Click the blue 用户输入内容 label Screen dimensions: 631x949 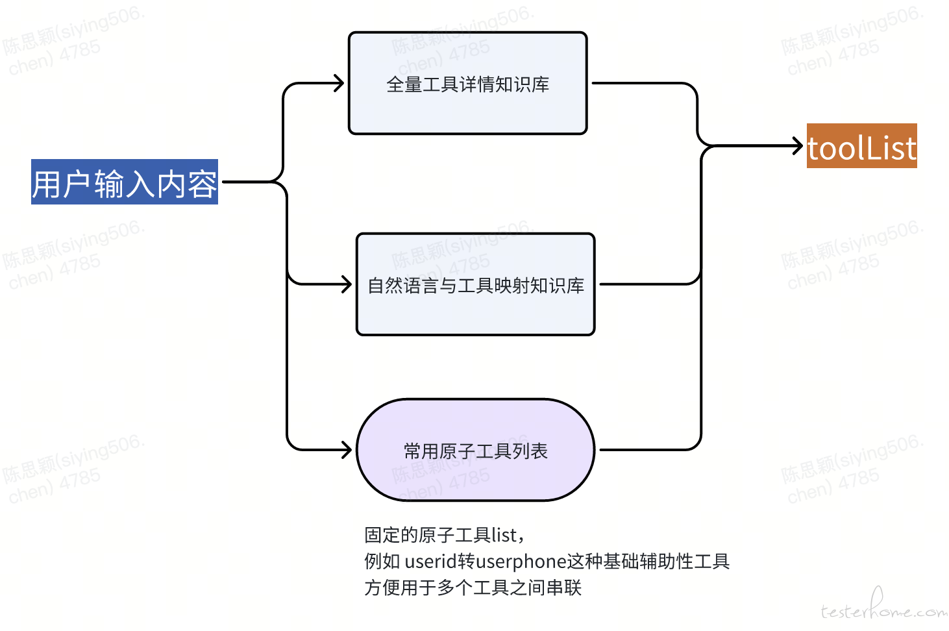click(x=124, y=182)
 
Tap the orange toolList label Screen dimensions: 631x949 click(x=861, y=146)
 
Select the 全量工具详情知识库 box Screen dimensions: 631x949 click(x=467, y=83)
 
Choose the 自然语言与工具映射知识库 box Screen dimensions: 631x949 click(x=475, y=284)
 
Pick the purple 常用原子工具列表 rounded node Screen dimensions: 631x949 click(x=475, y=450)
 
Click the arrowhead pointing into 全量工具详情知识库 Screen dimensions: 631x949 click(x=339, y=83)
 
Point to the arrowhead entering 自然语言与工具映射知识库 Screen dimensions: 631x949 click(x=347, y=284)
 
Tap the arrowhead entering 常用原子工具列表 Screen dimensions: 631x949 click(x=347, y=450)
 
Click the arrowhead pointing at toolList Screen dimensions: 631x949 click(x=798, y=146)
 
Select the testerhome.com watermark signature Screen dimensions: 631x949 click(x=883, y=608)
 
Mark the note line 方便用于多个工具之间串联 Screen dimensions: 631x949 click(x=473, y=588)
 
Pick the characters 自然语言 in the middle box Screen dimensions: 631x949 click(x=403, y=286)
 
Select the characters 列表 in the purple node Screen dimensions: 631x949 click(x=530, y=451)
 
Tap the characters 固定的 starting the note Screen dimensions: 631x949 click(x=391, y=535)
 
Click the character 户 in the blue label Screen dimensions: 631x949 click(x=77, y=184)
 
